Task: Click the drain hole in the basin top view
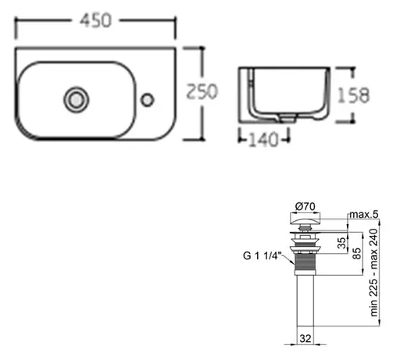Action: click(76, 99)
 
